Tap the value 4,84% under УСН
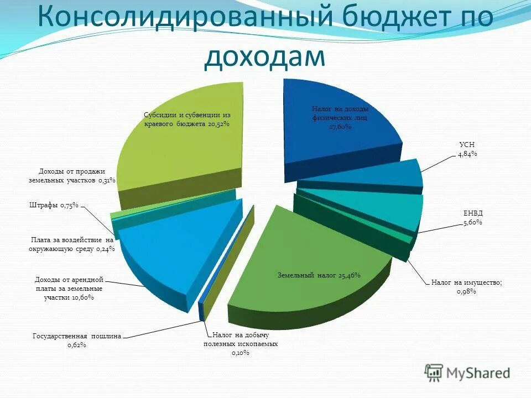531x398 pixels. [467, 154]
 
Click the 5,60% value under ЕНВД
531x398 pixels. [473, 222]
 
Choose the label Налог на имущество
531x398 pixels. [467, 282]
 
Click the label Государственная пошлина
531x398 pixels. [77, 335]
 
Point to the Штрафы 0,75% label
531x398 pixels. [54, 206]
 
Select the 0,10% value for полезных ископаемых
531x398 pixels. [241, 352]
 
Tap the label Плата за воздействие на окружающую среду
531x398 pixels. [71, 244]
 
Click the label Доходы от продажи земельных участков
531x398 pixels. [71, 176]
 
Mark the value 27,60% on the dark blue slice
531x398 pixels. [340, 127]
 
